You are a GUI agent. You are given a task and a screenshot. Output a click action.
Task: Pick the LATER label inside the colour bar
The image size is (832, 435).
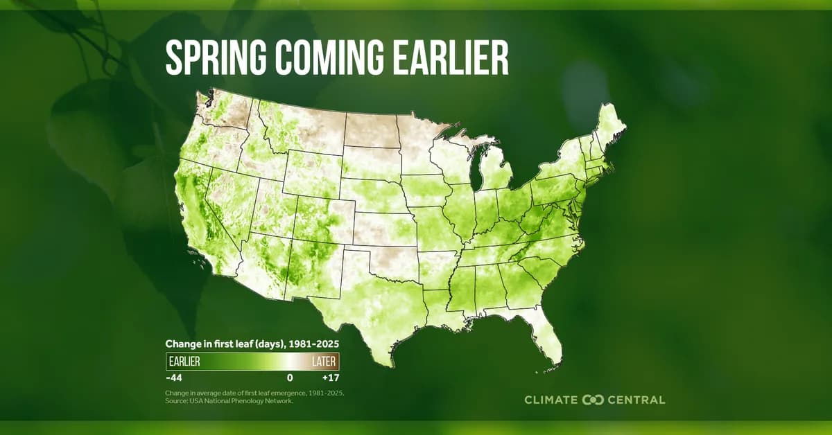point(324,362)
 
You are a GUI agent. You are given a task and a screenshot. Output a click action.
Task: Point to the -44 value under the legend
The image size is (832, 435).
point(173,378)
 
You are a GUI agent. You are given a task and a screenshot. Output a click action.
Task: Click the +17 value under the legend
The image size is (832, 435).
point(330,378)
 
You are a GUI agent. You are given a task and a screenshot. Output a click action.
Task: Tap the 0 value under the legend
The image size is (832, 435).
point(290,378)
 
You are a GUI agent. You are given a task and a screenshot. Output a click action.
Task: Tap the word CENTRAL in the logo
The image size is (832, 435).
point(636,400)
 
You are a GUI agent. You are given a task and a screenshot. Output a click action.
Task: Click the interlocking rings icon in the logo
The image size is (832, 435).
point(594,400)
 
